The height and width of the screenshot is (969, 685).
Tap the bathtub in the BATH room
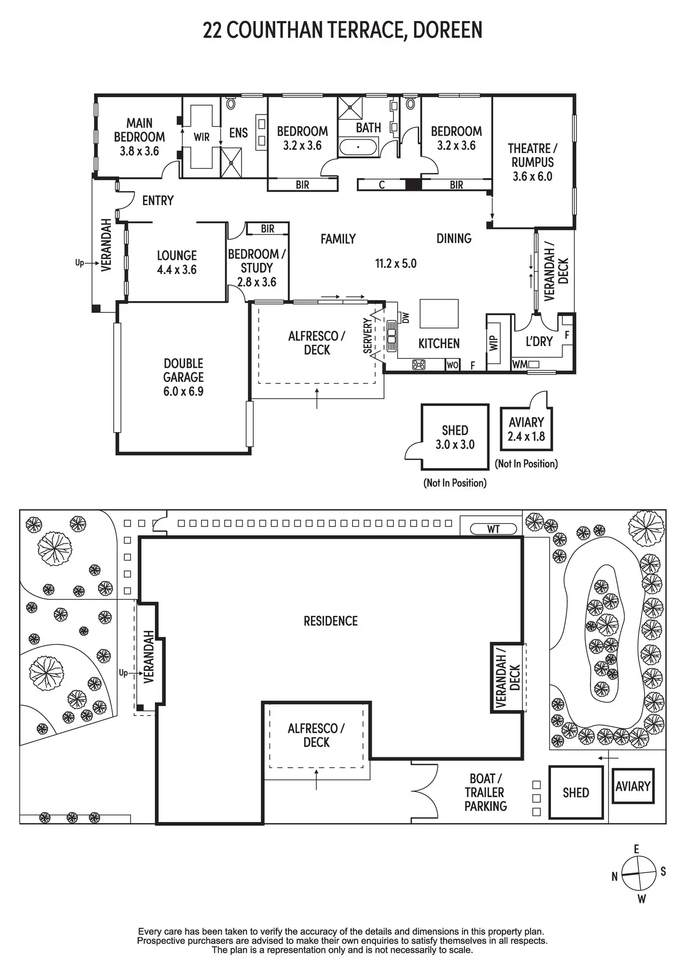(358, 147)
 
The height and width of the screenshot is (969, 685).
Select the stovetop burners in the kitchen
(419, 365)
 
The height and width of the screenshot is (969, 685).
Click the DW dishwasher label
(406, 318)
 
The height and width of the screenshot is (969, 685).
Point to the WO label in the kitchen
(452, 365)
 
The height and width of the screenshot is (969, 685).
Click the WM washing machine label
(519, 365)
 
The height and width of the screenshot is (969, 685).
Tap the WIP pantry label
(494, 343)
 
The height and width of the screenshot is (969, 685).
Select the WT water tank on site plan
(493, 529)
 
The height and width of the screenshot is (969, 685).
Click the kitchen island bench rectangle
(439, 314)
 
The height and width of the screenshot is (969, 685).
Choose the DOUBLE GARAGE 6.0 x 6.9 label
(183, 377)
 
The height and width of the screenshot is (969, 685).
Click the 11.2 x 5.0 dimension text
(396, 264)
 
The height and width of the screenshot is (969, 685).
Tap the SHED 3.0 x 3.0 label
(455, 437)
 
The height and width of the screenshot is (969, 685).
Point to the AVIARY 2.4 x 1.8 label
(526, 429)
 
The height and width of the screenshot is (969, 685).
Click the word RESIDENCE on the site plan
(330, 621)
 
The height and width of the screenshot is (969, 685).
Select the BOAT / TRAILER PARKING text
(485, 792)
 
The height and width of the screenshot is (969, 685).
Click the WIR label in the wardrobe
(201, 137)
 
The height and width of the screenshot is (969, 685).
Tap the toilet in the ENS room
(231, 103)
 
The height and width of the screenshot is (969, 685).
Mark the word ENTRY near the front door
(158, 200)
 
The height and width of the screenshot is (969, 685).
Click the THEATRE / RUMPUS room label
(532, 162)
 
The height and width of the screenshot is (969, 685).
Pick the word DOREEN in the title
(447, 30)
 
